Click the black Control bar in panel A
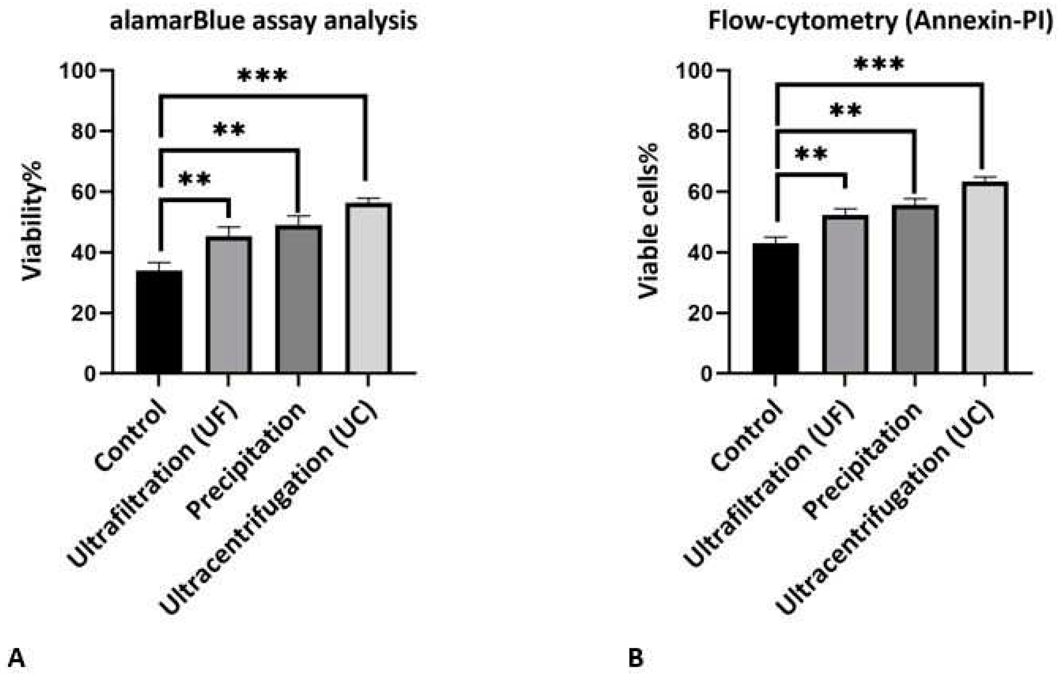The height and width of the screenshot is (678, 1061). coord(159,322)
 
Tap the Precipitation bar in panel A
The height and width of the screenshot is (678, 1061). coord(298,300)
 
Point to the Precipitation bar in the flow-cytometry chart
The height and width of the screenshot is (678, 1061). coord(915,289)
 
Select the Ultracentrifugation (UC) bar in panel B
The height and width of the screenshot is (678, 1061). coord(985,278)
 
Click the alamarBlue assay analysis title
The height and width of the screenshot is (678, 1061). coord(263,21)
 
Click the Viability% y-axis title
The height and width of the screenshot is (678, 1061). coord(33,221)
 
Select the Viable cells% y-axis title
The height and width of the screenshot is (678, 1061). coord(649,221)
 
